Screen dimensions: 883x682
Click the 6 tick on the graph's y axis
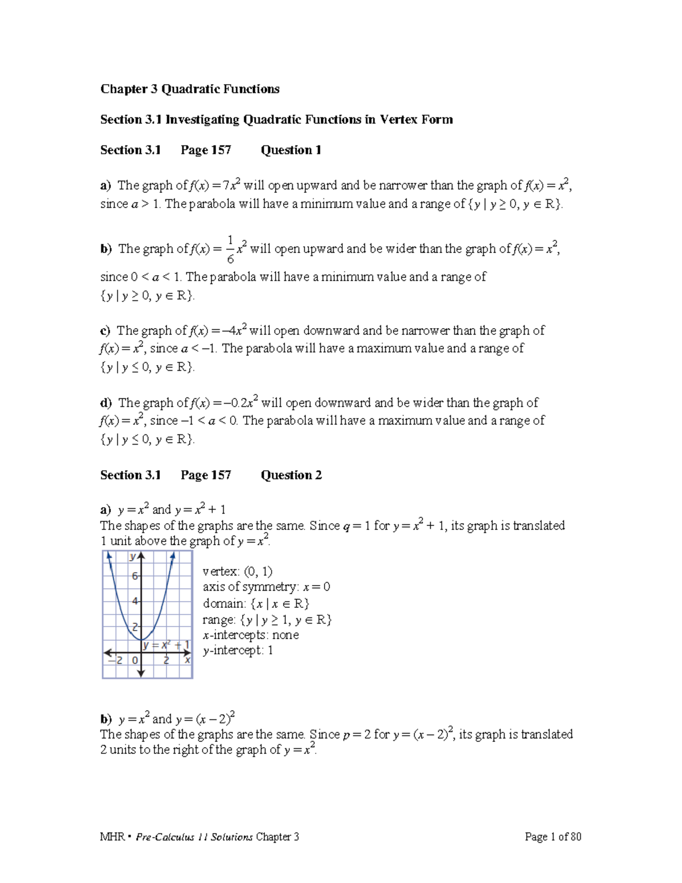click(135, 576)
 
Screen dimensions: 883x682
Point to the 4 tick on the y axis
click(135, 601)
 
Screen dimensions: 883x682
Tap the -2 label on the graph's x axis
click(117, 660)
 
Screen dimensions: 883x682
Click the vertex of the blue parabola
click(142, 640)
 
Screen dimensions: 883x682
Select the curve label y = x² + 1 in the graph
click(166, 645)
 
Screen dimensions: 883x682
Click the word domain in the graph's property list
click(224, 604)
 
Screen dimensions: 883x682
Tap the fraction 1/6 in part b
click(230, 249)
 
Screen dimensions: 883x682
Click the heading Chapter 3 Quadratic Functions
click(190, 89)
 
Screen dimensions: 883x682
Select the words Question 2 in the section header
click(291, 475)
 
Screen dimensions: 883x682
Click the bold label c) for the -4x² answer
click(105, 331)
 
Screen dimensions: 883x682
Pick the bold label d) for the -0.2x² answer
click(106, 403)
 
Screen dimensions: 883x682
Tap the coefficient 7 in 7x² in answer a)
click(226, 185)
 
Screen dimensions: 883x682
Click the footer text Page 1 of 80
click(552, 836)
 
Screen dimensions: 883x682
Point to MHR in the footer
click(112, 837)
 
